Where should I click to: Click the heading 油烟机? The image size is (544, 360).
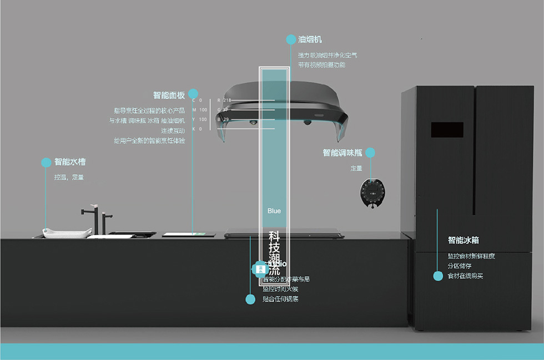click(x=310, y=40)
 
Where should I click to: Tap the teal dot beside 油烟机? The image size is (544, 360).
click(x=291, y=39)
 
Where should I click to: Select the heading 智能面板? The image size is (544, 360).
click(x=169, y=95)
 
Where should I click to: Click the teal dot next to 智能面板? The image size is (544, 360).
click(x=193, y=94)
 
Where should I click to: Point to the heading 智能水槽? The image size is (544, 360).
click(x=70, y=163)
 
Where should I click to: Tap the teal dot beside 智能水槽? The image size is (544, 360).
click(x=46, y=163)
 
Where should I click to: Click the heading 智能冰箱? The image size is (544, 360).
click(x=464, y=240)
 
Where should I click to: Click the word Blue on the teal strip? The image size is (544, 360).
click(x=274, y=211)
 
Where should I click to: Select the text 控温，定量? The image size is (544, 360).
click(x=69, y=178)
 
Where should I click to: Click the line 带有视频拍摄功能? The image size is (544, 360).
click(x=321, y=65)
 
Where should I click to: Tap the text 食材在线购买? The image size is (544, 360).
click(x=465, y=276)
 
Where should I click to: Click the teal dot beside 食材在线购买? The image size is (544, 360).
click(x=437, y=276)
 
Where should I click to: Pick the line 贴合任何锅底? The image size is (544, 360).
click(x=280, y=300)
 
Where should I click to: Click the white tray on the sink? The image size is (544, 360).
click(x=67, y=233)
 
